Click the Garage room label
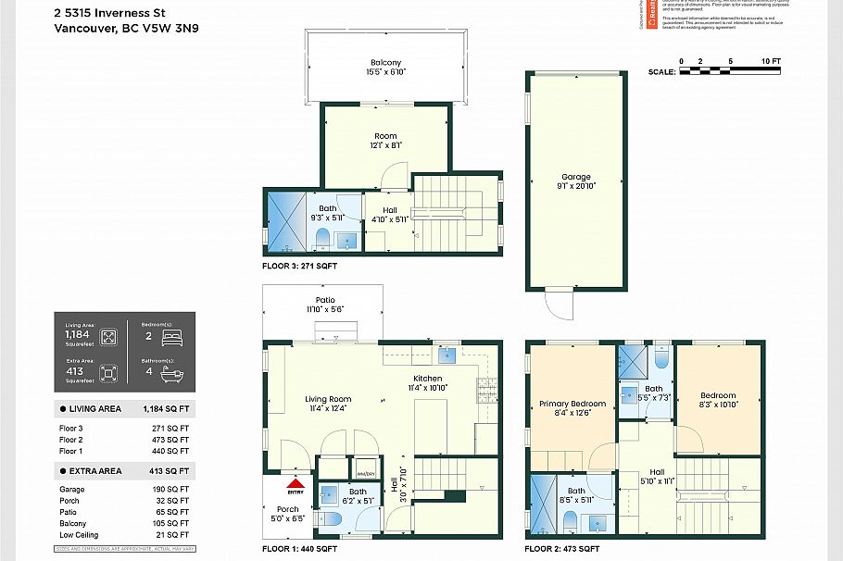pyautogui.click(x=575, y=177)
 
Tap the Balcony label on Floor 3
pyautogui.click(x=385, y=63)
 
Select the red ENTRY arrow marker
pyautogui.click(x=296, y=483)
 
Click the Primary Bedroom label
pyautogui.click(x=572, y=404)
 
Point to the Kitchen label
pyautogui.click(x=427, y=380)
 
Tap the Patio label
pyautogui.click(x=324, y=300)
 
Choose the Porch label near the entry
pyautogui.click(x=288, y=509)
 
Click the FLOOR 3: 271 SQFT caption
pyautogui.click(x=300, y=267)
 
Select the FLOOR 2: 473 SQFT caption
pyautogui.click(x=561, y=549)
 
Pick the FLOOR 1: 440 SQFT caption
pyautogui.click(x=300, y=549)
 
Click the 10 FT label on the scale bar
pyautogui.click(x=771, y=61)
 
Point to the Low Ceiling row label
pyautogui.click(x=81, y=534)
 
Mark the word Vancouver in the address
pyautogui.click(x=85, y=28)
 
